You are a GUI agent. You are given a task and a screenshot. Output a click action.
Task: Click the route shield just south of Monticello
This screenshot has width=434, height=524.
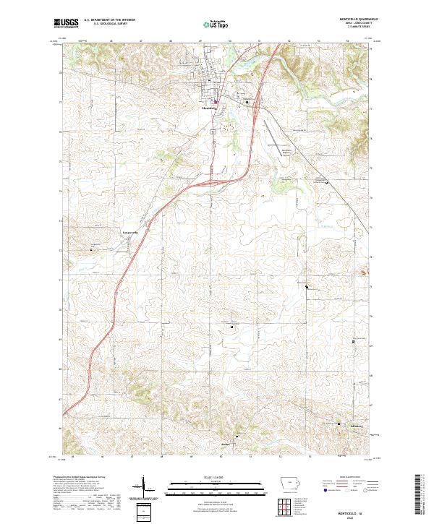213,133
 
